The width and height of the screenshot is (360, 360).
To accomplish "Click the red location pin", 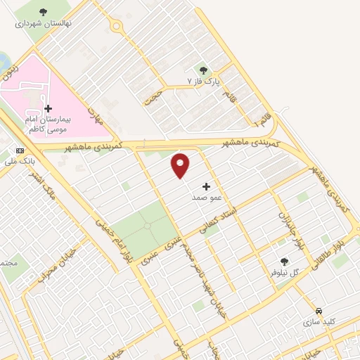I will tap(181, 165).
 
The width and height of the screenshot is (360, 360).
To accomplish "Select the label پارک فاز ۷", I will tap(204, 82).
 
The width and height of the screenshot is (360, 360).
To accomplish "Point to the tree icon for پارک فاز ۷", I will tap(204, 70).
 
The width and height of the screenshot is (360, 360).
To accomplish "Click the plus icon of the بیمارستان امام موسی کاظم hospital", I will tap(48, 108).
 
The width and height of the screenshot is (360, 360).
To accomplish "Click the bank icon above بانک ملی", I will tap(19, 150).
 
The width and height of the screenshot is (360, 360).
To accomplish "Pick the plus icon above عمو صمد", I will tap(206, 186).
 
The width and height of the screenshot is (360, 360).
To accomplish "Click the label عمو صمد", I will tap(206, 198).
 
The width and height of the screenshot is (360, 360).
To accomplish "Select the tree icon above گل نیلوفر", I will tap(284, 262).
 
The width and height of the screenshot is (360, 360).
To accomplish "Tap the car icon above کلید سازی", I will tap(319, 311).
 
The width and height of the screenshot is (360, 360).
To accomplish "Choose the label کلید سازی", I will tap(319, 322).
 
